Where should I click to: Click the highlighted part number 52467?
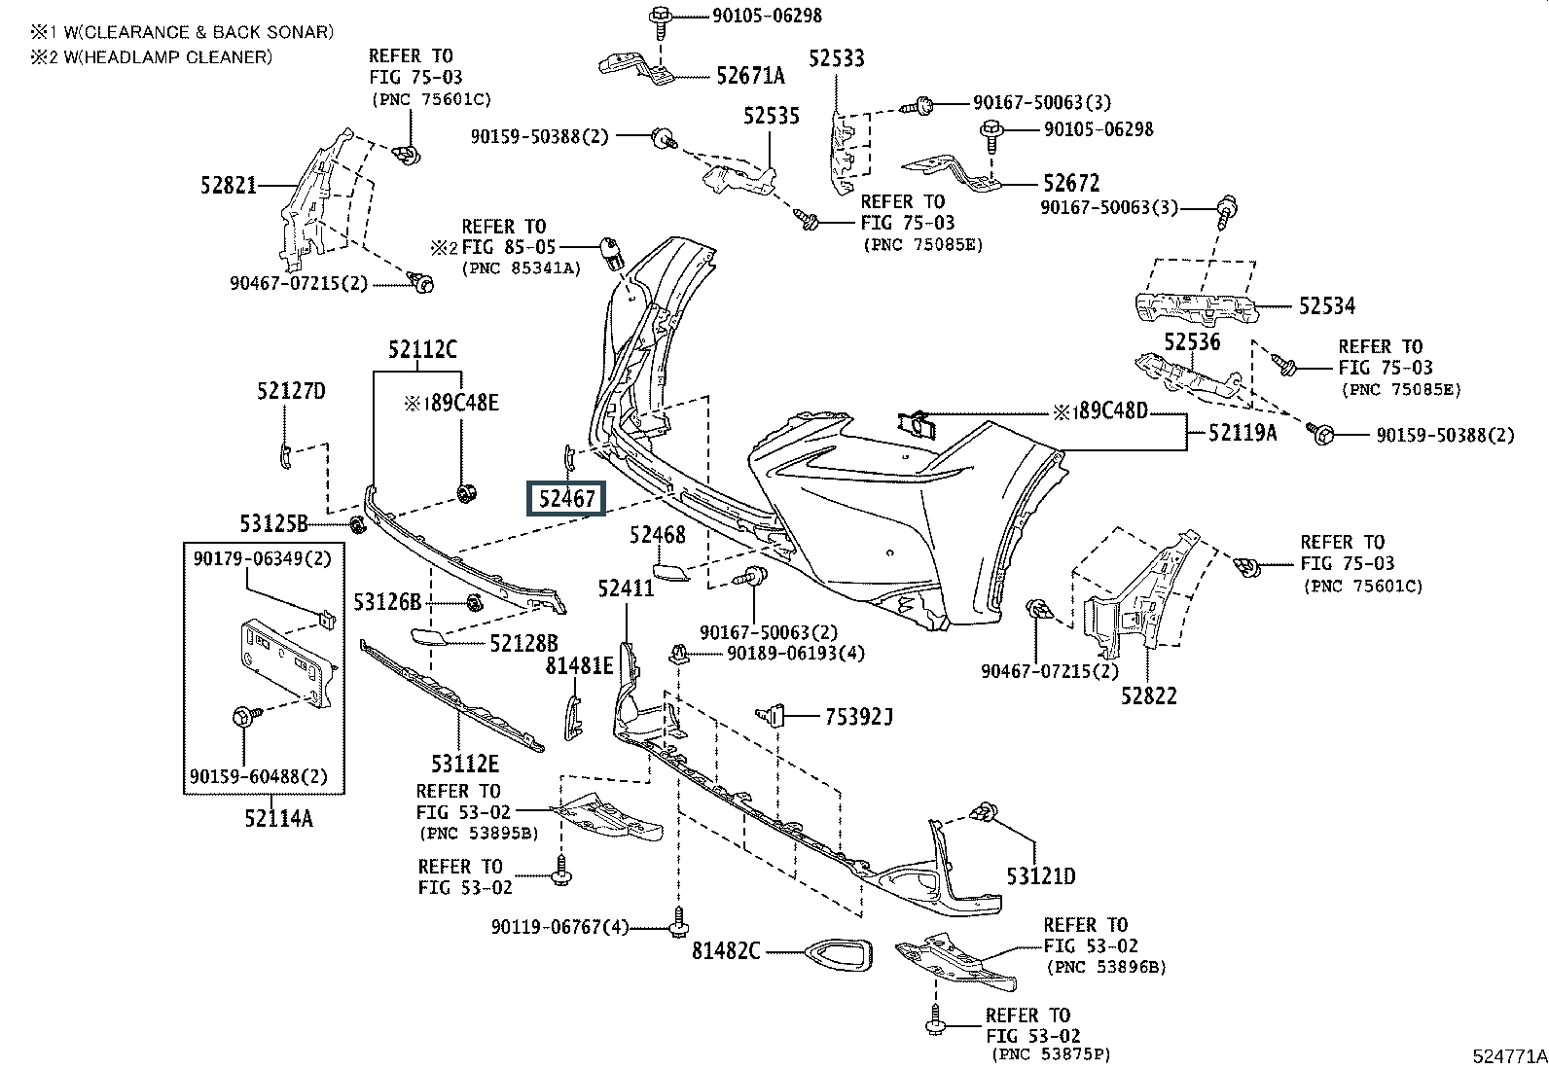(x=565, y=499)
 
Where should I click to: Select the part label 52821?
(x=230, y=185)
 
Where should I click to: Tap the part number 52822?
(x=1148, y=695)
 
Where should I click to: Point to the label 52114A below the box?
(x=279, y=818)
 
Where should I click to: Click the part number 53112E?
(x=466, y=764)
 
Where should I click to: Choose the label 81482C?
(x=726, y=950)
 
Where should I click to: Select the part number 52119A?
(x=1243, y=433)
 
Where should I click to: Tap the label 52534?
(x=1327, y=306)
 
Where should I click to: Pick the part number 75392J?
(x=859, y=717)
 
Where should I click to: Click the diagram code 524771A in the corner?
(x=1508, y=1055)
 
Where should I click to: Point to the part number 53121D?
(x=1041, y=876)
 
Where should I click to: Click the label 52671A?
(x=750, y=76)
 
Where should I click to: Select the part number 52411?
(x=626, y=588)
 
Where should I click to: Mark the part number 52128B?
(x=524, y=642)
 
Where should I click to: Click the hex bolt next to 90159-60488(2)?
(x=243, y=718)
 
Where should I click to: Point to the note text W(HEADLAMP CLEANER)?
(x=159, y=56)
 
